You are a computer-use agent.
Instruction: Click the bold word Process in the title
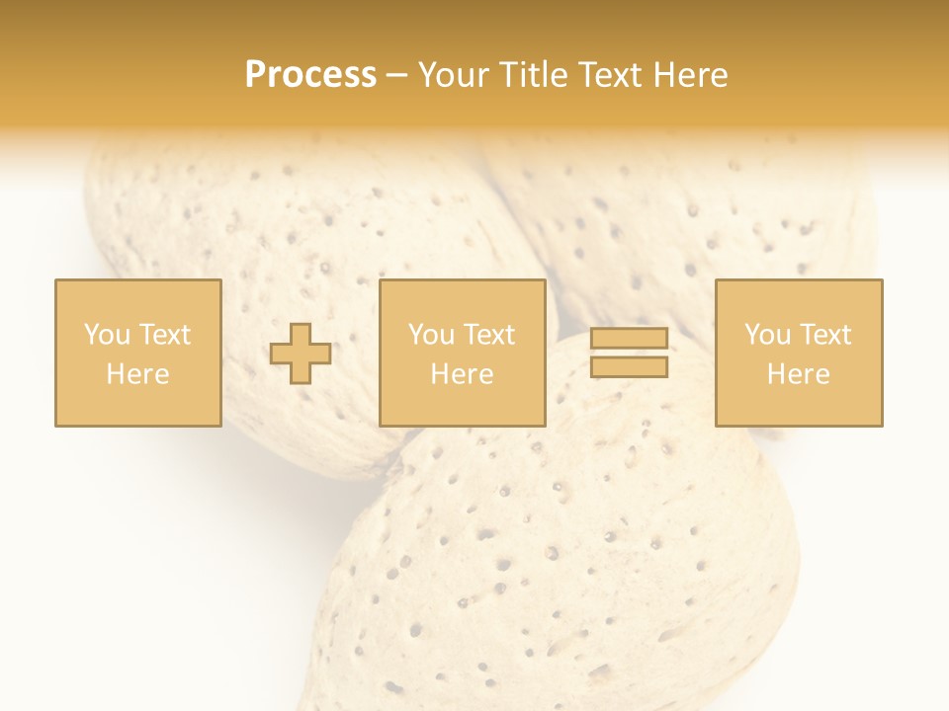pos(310,75)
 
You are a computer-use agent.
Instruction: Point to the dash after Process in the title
pos(396,76)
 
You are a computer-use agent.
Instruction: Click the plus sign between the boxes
pos(301,354)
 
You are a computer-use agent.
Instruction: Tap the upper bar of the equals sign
pos(629,339)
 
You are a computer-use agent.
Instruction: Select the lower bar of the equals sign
pos(629,367)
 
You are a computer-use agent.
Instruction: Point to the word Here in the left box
pos(137,374)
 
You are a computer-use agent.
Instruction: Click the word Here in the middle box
pos(462,374)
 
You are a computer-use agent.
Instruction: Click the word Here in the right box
pos(798,374)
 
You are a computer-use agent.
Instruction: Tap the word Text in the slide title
pos(607,75)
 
